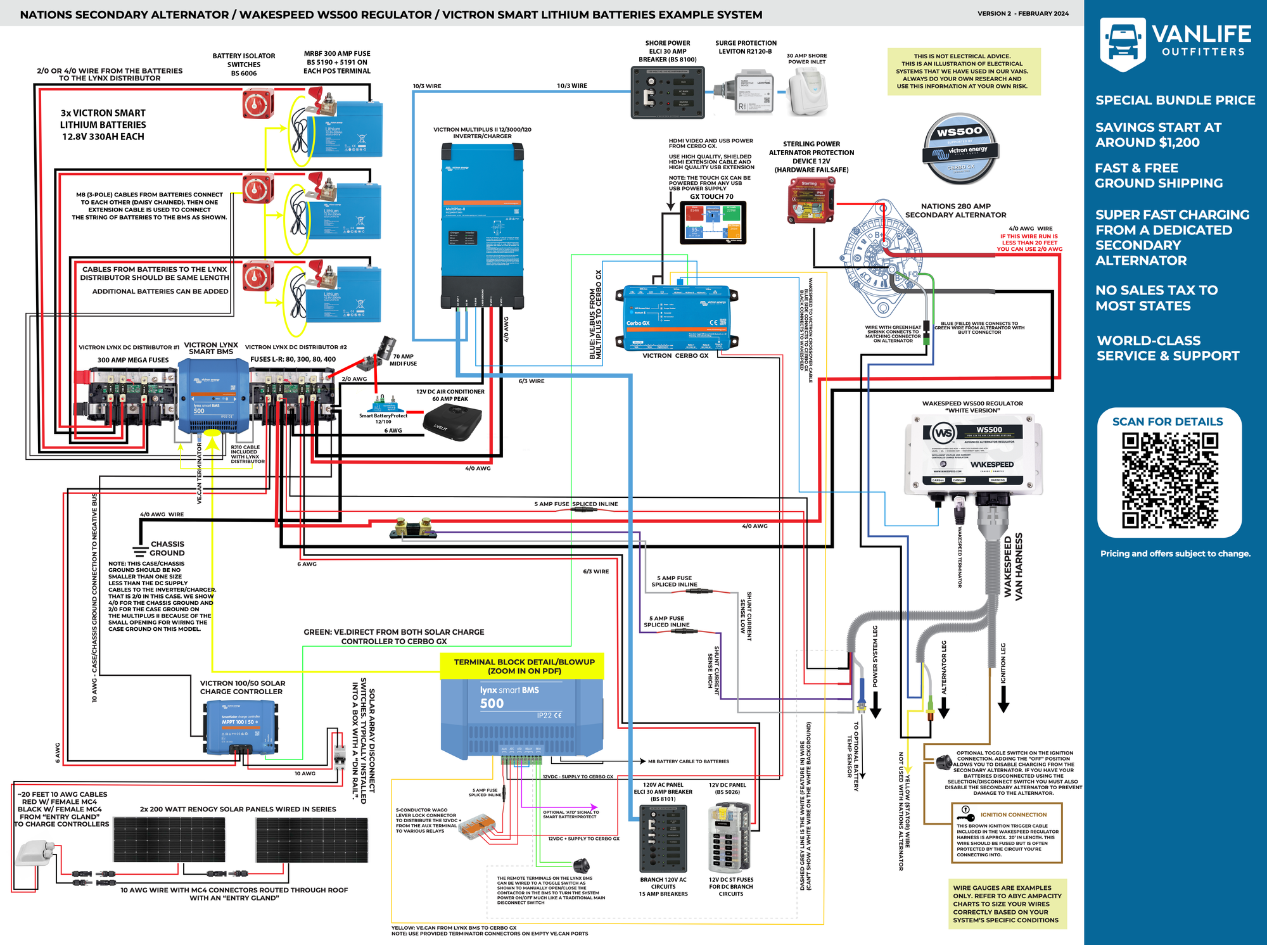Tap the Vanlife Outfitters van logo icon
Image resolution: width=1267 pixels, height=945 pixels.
[x=1123, y=43]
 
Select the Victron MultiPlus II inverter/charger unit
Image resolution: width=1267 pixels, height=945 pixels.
[x=482, y=225]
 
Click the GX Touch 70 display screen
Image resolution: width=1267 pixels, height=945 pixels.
[x=713, y=222]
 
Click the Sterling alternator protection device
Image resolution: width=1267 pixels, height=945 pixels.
[x=811, y=200]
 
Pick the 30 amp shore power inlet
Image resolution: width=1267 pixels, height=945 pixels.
[x=808, y=92]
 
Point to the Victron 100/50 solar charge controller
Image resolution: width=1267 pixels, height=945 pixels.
[x=241, y=728]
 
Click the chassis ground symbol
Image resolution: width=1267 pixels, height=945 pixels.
[x=140, y=550]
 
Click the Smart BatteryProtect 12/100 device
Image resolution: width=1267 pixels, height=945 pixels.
[x=383, y=405]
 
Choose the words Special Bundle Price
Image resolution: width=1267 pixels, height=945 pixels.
[x=1175, y=100]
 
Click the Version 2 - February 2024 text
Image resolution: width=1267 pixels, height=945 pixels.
[x=1022, y=13]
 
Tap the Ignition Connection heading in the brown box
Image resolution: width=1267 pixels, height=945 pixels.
[x=1014, y=815]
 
